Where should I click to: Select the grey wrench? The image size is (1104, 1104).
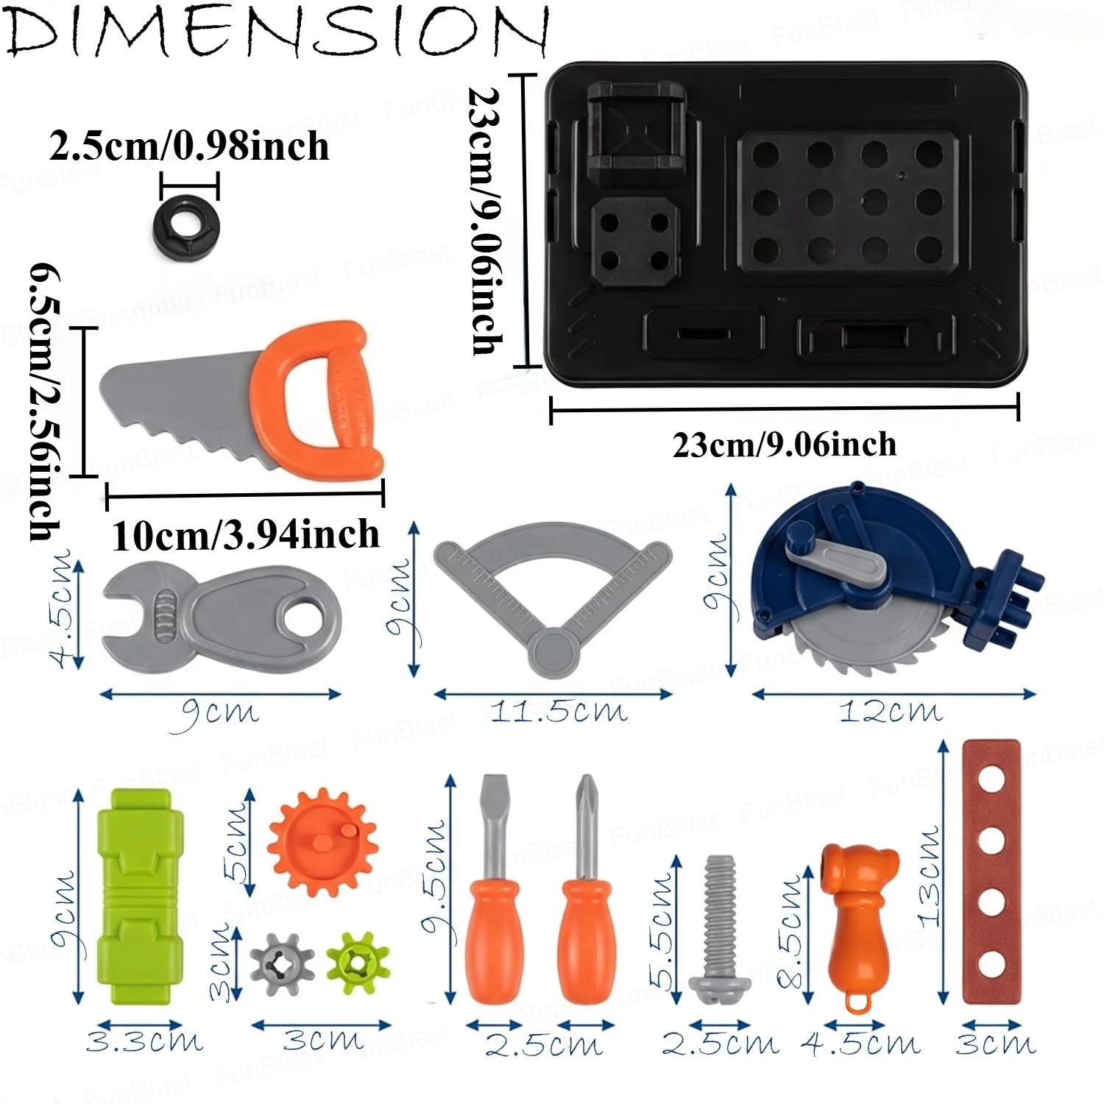pyautogui.click(x=221, y=618)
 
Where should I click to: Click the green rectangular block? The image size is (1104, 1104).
pyautogui.click(x=141, y=896)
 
